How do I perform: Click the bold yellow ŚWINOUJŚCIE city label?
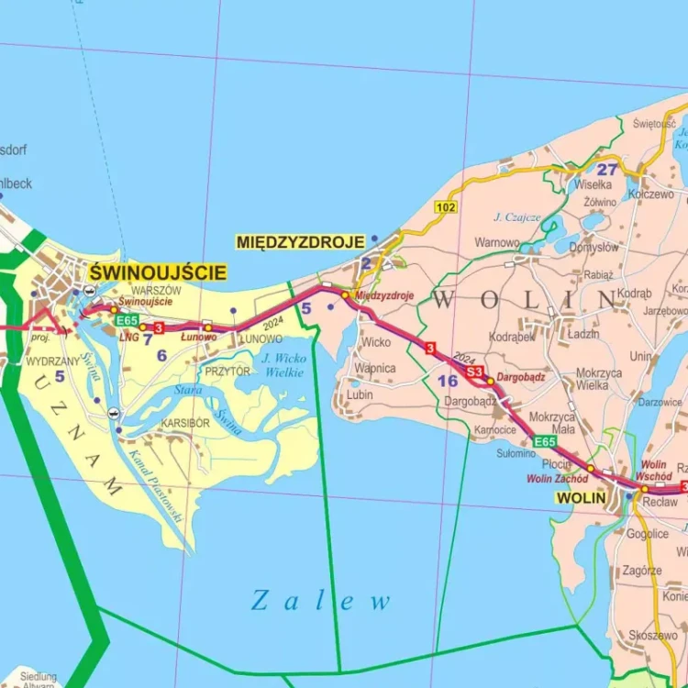pos(158,272)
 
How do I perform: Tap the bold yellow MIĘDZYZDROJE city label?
pos(301,242)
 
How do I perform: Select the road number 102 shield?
pos(447,207)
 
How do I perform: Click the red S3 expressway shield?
pos(473,372)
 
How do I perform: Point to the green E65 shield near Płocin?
pos(545,442)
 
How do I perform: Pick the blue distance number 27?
pos(607,169)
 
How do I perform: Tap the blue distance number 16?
pos(447,380)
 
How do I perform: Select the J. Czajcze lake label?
pos(517,217)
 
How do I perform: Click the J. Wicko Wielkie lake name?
pos(283,365)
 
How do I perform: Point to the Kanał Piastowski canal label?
pos(156,487)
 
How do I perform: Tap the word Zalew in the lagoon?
pos(321,602)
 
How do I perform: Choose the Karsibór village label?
pos(185,423)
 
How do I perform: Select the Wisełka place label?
pos(594,183)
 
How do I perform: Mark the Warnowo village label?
pos(498,243)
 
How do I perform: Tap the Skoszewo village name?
pos(654,636)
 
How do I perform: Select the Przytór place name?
pos(227,372)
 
